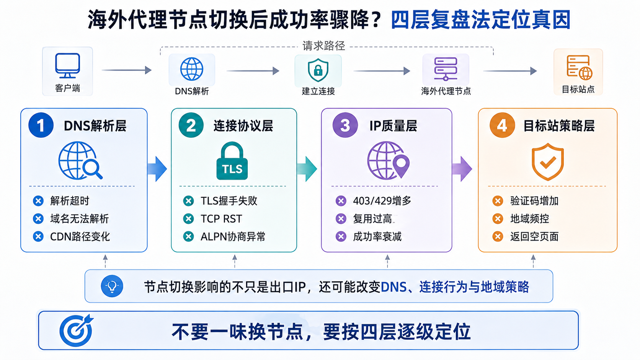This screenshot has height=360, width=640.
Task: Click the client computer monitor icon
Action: click(x=67, y=65)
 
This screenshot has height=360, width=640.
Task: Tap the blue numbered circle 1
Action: click(x=41, y=125)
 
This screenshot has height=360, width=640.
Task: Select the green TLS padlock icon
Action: click(x=232, y=161)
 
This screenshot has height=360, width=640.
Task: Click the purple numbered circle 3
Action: click(x=345, y=125)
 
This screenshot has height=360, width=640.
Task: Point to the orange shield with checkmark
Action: click(x=547, y=162)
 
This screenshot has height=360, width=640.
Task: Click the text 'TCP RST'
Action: click(x=221, y=219)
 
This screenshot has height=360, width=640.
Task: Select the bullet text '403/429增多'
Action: click(x=382, y=201)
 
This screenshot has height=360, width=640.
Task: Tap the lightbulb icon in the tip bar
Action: click(x=112, y=286)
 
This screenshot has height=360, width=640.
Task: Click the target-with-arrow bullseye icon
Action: click(x=76, y=330)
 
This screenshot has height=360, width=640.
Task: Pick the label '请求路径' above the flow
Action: click(x=324, y=46)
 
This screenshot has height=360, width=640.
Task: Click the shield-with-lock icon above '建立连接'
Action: click(x=318, y=70)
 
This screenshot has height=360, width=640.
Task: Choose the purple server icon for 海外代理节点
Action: click(x=446, y=69)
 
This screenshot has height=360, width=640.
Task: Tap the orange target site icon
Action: click(x=579, y=67)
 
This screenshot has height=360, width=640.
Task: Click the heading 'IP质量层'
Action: click(x=393, y=126)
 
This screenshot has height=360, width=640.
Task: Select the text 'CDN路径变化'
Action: click(x=80, y=237)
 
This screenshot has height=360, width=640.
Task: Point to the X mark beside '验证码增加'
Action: click(x=498, y=201)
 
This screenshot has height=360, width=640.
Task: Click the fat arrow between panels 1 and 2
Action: click(x=157, y=169)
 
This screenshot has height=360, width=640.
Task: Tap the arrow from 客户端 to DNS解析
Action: click(x=127, y=70)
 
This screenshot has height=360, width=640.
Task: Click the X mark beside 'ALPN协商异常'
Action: click(x=188, y=237)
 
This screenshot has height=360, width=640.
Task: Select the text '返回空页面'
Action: click(x=534, y=237)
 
